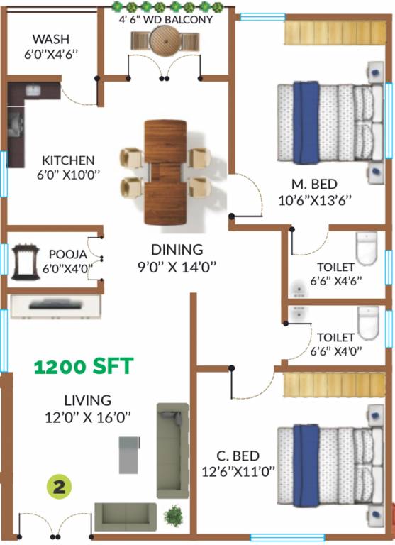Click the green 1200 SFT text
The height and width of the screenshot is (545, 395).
[84, 366]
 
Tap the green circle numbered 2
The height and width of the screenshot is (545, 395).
[59, 487]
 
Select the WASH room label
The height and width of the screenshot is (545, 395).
[51, 38]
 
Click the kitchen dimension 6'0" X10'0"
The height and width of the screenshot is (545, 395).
[69, 174]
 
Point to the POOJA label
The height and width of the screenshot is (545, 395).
[68, 254]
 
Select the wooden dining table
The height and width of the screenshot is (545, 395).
[165, 172]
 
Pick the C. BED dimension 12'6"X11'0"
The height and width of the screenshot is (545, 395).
[238, 472]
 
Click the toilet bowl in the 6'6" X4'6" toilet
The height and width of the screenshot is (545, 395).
[367, 248]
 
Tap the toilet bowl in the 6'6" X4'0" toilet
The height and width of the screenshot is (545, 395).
[368, 323]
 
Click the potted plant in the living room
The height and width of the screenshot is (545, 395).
[173, 515]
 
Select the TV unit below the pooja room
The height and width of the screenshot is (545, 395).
[56, 307]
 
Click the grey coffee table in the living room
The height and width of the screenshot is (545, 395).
[129, 455]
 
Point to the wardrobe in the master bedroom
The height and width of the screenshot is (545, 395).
[335, 33]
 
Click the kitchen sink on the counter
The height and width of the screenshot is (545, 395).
[33, 90]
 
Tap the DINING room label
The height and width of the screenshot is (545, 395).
[177, 250]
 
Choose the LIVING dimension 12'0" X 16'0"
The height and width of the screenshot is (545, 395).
[87, 417]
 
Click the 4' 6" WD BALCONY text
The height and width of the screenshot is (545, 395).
[166, 19]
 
